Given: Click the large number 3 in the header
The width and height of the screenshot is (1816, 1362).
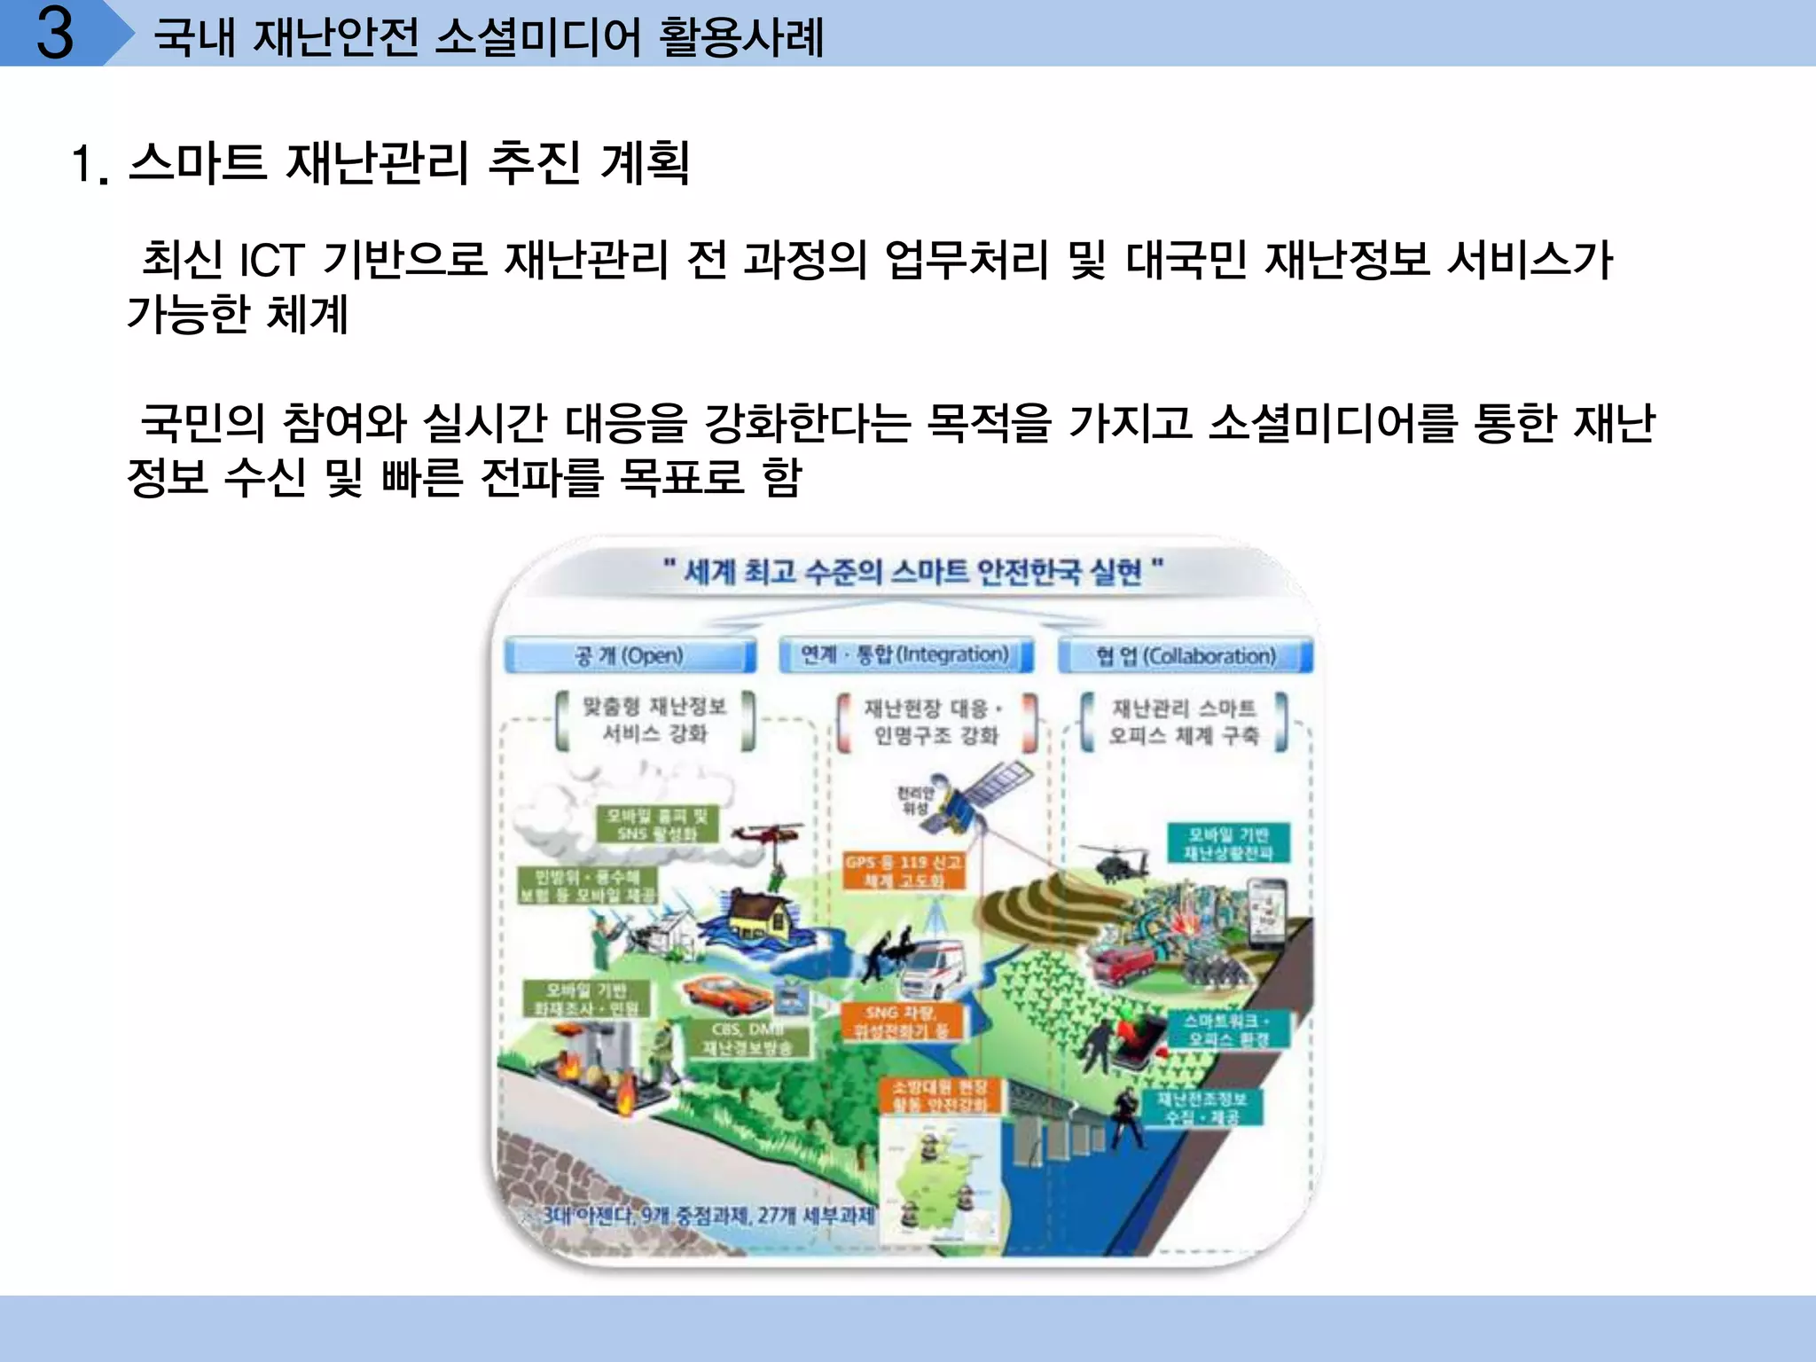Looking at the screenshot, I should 55,34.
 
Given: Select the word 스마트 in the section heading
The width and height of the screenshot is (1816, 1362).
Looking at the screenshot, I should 197,163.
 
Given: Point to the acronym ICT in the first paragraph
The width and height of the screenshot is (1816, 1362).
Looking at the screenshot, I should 271,260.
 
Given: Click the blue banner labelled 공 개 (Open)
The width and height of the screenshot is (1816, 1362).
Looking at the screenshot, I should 630,656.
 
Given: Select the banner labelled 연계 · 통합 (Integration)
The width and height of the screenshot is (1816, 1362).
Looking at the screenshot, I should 905,655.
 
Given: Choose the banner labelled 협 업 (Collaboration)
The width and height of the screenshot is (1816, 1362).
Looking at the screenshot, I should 1186,656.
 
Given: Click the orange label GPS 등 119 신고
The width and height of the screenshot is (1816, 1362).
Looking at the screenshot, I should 903,871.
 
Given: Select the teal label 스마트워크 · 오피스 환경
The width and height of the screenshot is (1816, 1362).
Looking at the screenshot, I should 1228,1029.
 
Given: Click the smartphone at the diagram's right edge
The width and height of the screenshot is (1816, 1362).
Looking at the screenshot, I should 1267,913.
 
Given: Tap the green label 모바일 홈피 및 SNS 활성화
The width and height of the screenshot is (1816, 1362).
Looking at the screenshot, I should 657,825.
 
